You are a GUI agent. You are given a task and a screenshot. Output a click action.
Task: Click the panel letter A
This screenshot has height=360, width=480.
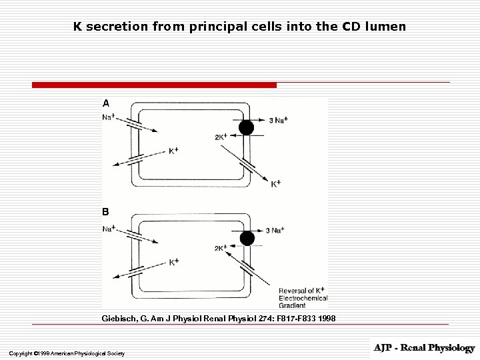point(105,103)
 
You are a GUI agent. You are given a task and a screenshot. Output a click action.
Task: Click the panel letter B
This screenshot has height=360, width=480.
point(105,212)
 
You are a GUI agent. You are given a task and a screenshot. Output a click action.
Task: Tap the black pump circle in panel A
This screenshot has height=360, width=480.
point(247,127)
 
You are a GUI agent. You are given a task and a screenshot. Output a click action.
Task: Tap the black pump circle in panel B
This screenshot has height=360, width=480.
point(247,238)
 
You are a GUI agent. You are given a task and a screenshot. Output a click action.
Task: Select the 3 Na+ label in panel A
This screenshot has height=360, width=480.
point(278,120)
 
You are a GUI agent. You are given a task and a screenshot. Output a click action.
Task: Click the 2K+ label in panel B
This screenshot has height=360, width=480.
point(221,248)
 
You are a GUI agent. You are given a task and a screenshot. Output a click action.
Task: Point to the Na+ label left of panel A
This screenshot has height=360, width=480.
point(108,117)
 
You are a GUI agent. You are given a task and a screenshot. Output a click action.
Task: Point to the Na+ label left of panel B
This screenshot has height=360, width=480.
point(108,229)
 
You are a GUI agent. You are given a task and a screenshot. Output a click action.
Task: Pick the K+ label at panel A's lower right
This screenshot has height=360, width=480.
point(276,183)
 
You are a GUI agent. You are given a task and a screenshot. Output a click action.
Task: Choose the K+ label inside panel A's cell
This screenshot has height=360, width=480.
point(173,151)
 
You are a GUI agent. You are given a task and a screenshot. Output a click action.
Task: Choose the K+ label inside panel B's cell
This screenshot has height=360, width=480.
point(173,262)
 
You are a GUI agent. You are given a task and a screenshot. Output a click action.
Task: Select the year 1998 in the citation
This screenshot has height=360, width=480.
point(327,319)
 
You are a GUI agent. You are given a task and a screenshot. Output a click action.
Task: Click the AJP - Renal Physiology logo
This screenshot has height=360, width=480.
point(424,348)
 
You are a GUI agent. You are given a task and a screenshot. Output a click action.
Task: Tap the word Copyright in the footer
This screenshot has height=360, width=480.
point(21,353)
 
